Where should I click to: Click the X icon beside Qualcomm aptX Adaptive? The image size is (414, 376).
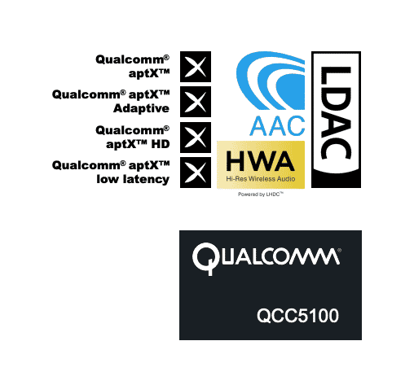[196, 102]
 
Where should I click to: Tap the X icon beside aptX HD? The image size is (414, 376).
[196, 138]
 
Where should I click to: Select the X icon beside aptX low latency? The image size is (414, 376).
[196, 173]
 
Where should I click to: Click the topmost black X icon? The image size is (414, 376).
[196, 67]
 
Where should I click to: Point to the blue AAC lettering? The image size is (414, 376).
[277, 126]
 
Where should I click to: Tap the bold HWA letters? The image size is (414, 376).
[260, 160]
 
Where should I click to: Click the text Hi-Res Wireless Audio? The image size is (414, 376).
[261, 179]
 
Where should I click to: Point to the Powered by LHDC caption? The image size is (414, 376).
[261, 195]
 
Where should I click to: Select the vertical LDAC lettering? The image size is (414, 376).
[336, 113]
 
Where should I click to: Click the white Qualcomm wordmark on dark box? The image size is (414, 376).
[266, 258]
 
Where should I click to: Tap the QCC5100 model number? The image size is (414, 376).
[297, 316]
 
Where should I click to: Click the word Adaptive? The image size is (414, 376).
[141, 108]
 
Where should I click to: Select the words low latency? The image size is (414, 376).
[133, 179]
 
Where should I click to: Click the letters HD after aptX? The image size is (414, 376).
[161, 144]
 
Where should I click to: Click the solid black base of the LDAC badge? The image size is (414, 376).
[336, 180]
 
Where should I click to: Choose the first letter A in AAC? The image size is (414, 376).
[258, 126]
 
